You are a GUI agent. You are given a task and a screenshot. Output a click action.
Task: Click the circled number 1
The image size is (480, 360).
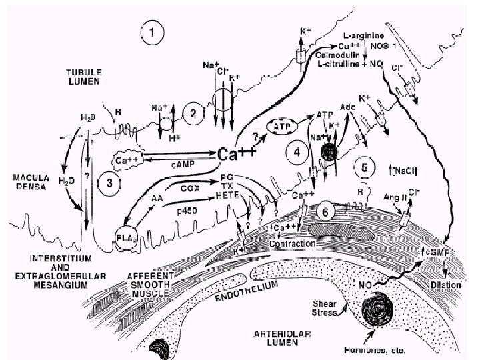click(x=155, y=31)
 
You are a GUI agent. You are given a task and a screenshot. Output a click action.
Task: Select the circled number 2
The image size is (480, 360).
click(x=193, y=114)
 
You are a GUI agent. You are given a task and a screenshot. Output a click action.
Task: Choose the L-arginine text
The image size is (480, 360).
click(x=363, y=33)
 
